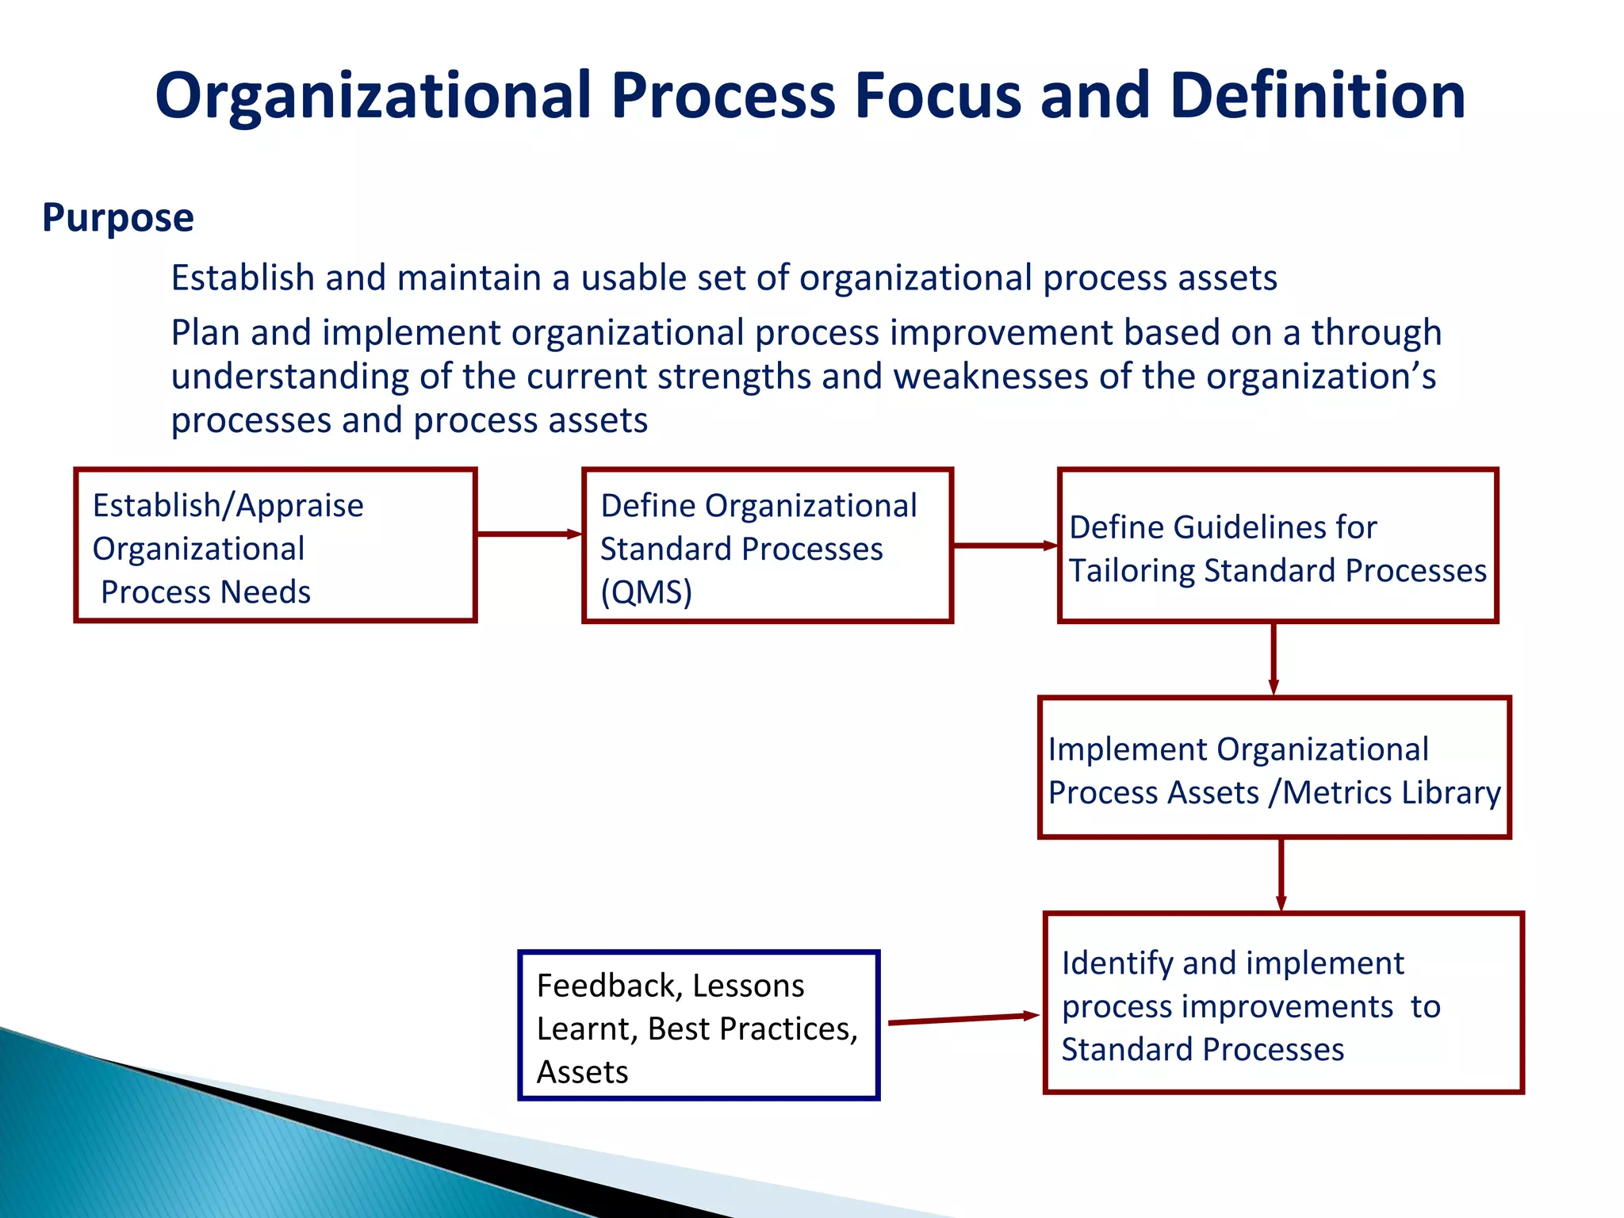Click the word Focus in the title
tap(936, 96)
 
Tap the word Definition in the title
tap(1317, 96)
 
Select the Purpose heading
tap(117, 217)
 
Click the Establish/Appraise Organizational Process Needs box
tap(275, 546)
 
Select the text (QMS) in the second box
tap(646, 592)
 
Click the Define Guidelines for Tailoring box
tap(1277, 546)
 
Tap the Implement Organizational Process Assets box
tap(1274, 768)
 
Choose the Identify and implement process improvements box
tap(1284, 1003)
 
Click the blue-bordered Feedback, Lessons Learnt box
tap(699, 1025)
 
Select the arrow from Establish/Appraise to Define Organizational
tap(528, 534)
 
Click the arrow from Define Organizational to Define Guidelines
tap(1005, 546)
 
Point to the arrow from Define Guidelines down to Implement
tap(1274, 659)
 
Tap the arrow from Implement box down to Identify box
tap(1281, 875)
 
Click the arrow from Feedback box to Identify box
tap(963, 1019)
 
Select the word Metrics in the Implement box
tap(1335, 793)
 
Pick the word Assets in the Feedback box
tap(582, 1073)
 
